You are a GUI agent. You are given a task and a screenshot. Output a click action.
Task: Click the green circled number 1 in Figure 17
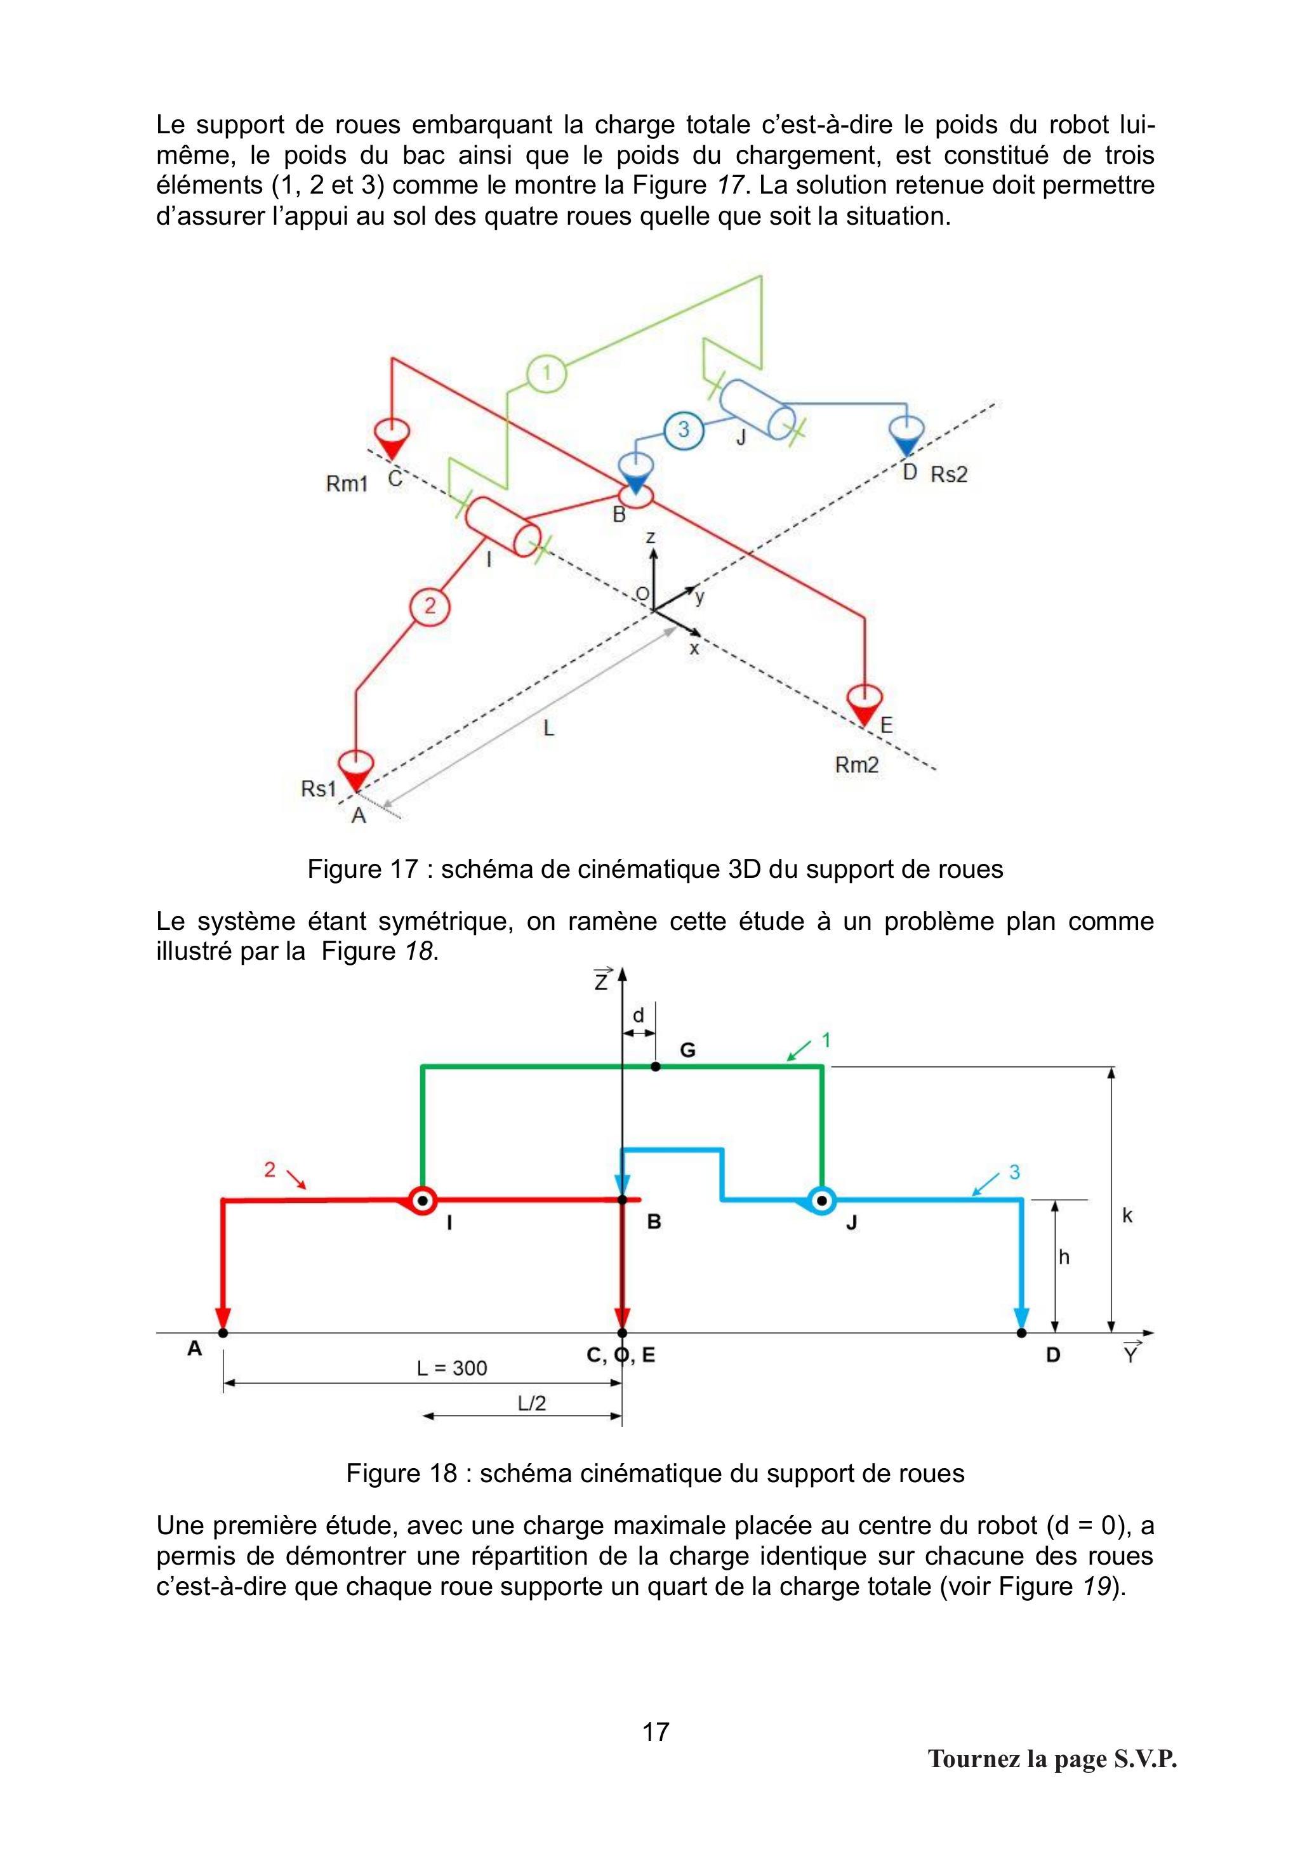pos(547,373)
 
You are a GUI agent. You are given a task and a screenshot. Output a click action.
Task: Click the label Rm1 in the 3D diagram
pos(347,484)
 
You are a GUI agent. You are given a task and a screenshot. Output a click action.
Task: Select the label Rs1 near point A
pos(319,788)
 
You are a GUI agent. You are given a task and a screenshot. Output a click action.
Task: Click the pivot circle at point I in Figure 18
pos(421,1200)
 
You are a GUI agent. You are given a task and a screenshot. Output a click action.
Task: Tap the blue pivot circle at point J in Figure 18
pos(823,1200)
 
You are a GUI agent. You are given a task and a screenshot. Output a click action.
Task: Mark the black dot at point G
pos(656,1066)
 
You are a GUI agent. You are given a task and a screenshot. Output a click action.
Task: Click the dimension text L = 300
pos(452,1368)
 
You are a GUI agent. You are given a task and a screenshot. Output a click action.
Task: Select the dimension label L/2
pos(532,1403)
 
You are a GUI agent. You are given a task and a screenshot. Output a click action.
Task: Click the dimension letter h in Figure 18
pos(1064,1257)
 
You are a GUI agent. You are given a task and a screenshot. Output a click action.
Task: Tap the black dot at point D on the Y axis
pos(1022,1332)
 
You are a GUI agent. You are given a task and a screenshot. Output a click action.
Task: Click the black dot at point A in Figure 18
pos(223,1332)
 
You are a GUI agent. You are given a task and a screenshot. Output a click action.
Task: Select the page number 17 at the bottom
pos(656,1732)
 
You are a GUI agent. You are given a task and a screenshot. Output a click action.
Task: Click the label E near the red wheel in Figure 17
pos(886,725)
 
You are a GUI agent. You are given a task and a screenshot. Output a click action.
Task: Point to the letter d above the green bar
pos(639,1014)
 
